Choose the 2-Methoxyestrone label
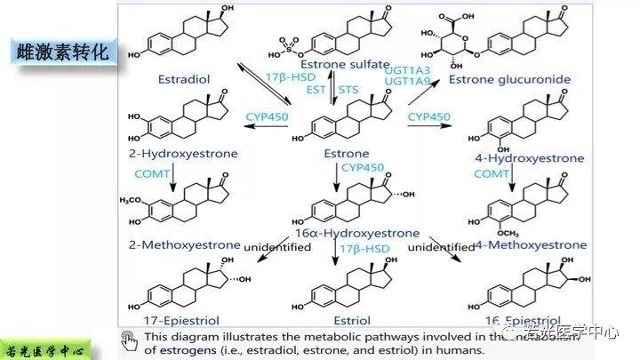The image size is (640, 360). tap(183, 244)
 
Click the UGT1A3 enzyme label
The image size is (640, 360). tap(406, 68)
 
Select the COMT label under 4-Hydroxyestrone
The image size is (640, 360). tap(492, 175)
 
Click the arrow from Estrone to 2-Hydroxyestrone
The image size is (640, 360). tap(266, 127)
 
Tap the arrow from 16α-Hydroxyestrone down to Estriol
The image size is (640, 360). tap(335, 255)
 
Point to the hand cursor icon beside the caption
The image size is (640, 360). tap(130, 340)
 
